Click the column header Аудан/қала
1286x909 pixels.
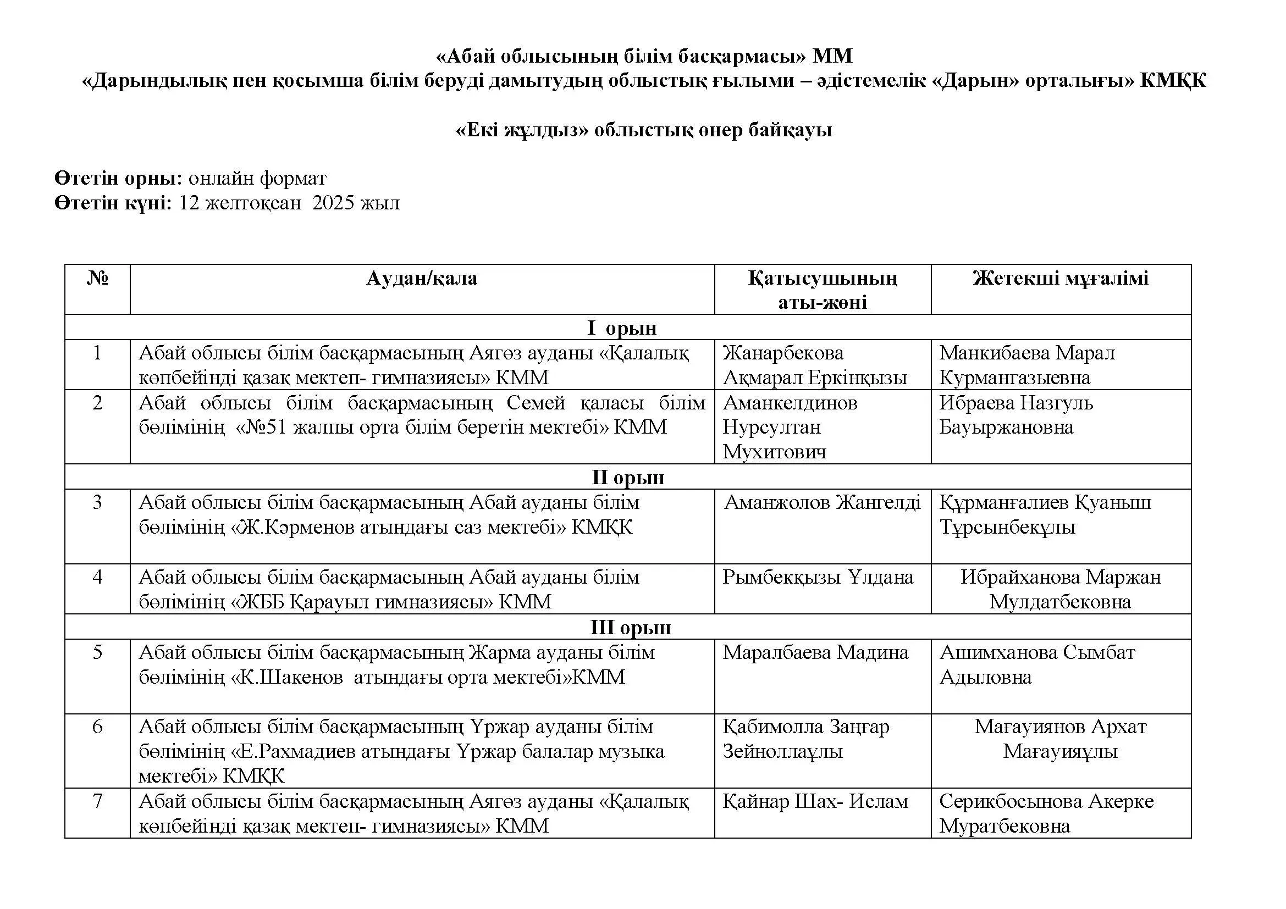pos(421,278)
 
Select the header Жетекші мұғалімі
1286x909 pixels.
pos(1060,278)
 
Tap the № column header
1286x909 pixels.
pos(97,278)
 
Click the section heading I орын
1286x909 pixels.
pos(622,328)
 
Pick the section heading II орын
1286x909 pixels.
pos(628,478)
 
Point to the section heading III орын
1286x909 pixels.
pos(630,628)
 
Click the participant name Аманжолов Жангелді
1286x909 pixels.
pos(821,503)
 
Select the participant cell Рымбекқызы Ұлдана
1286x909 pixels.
pos(817,577)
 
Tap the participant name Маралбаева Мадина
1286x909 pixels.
pos(815,652)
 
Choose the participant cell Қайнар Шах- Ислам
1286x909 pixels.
pos(815,801)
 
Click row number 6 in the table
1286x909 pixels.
pos(97,727)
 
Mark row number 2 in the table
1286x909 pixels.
pos(97,403)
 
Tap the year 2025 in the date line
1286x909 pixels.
pos(333,203)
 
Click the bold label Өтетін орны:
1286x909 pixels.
pos(118,178)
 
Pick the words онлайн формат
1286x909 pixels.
pos(257,178)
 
